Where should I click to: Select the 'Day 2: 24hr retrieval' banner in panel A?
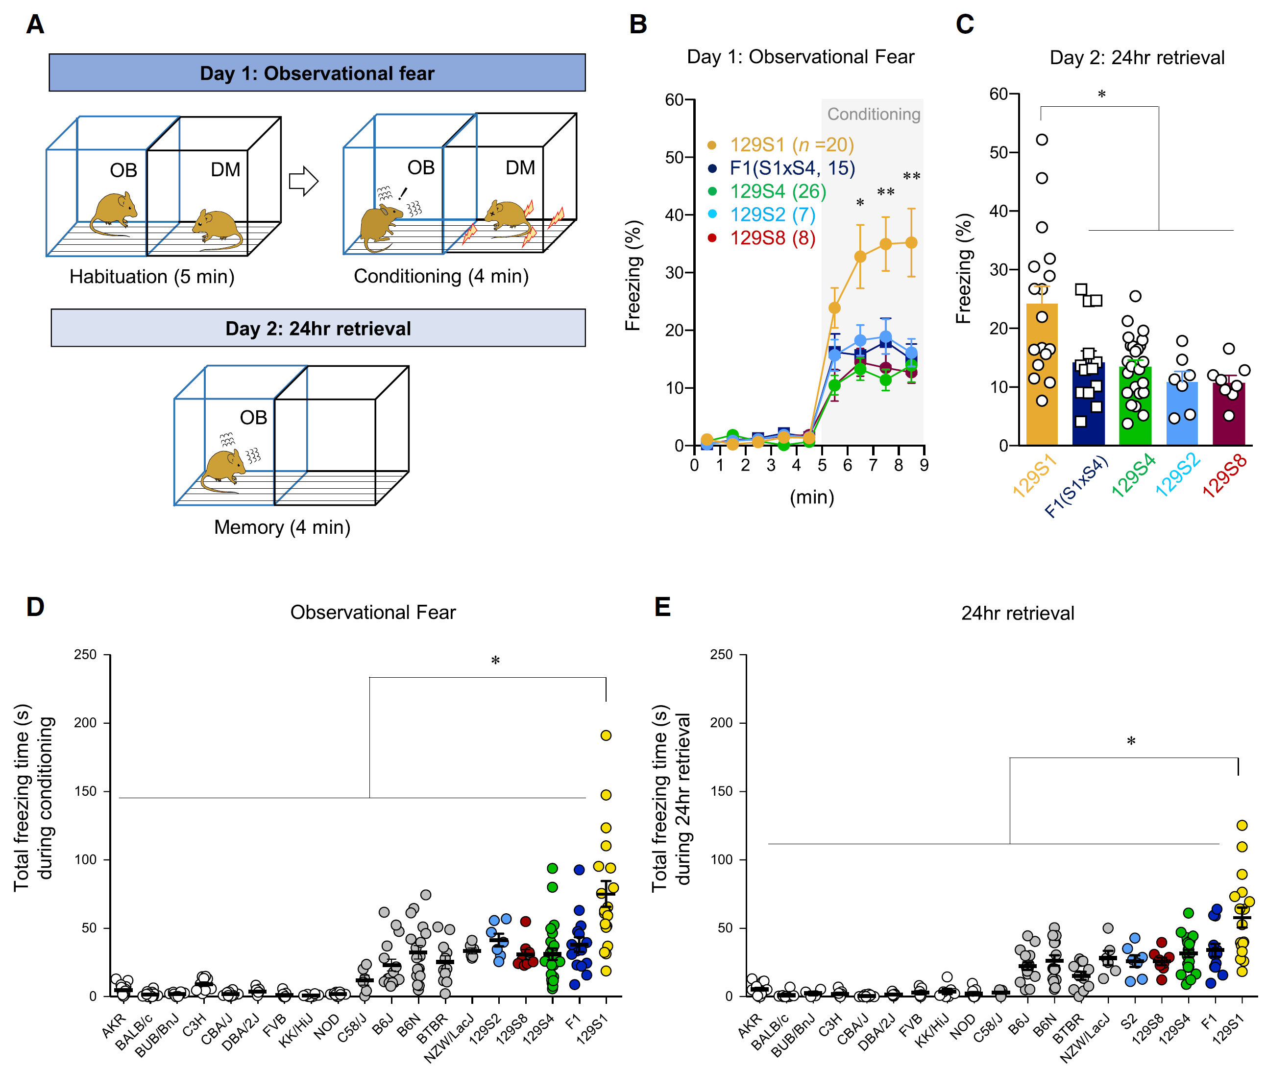click(318, 328)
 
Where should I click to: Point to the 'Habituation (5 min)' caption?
click(151, 277)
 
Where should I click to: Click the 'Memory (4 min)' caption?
click(282, 527)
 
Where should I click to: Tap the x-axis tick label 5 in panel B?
click(822, 465)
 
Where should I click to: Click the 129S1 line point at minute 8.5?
click(911, 243)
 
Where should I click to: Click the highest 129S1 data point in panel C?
click(1042, 140)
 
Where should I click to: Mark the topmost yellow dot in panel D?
click(606, 736)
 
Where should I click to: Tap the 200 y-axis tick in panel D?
click(85, 723)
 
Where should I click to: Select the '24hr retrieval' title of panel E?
click(1018, 613)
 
